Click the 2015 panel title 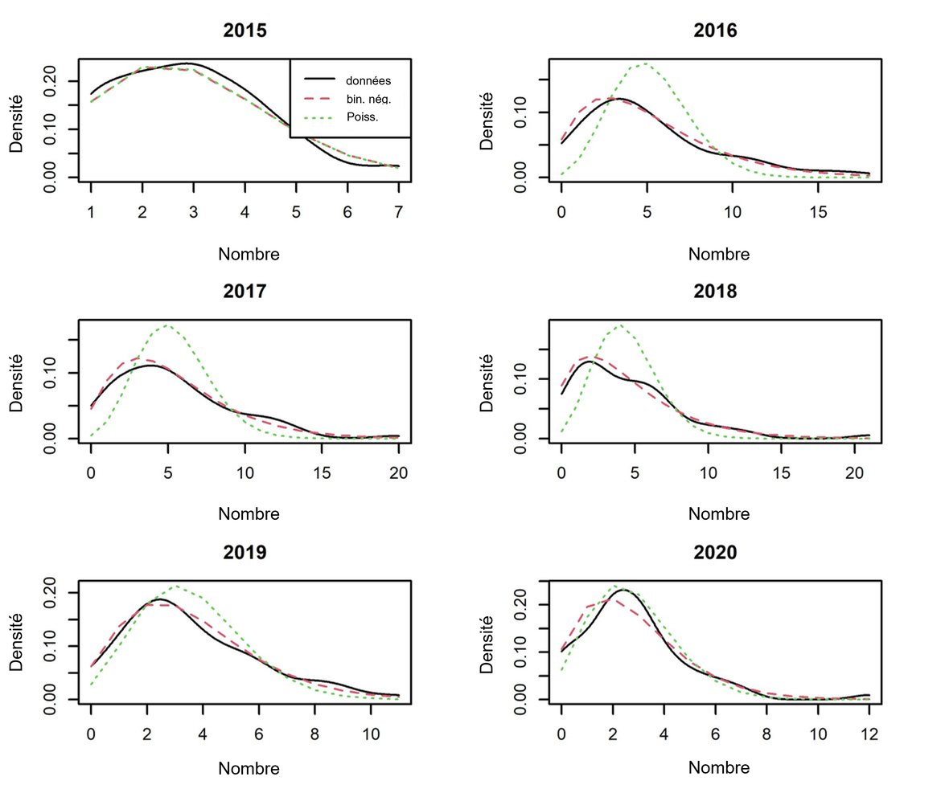pyautogui.click(x=244, y=31)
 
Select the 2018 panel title pyautogui.click(x=714, y=292)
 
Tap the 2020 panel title pyautogui.click(x=714, y=553)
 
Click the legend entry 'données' pyautogui.click(x=368, y=80)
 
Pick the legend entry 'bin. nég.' pyautogui.click(x=368, y=99)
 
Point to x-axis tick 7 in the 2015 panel pyautogui.click(x=399, y=212)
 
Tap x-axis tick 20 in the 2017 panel pyautogui.click(x=399, y=472)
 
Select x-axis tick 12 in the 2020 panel pyautogui.click(x=869, y=734)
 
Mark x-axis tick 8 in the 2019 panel pyautogui.click(x=315, y=734)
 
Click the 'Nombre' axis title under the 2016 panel pyautogui.click(x=718, y=254)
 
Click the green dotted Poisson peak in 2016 pyautogui.click(x=645, y=63)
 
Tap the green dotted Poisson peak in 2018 pyautogui.click(x=619, y=325)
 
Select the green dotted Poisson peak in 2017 pyautogui.click(x=166, y=325)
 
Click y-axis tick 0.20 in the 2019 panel pyautogui.click(x=50, y=592)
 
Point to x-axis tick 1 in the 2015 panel pyautogui.click(x=91, y=212)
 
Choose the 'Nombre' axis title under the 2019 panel pyautogui.click(x=249, y=768)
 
